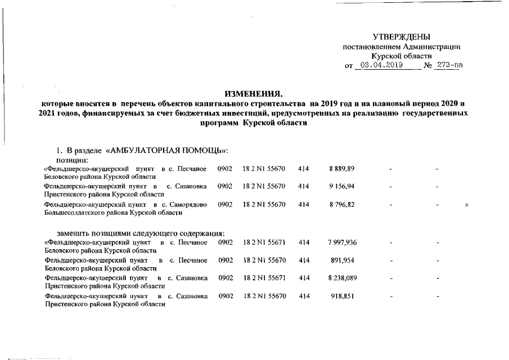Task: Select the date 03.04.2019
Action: point(380,65)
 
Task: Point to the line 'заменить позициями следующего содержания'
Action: point(141,233)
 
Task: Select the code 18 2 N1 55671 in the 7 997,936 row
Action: point(264,242)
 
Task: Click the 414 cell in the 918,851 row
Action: point(304,296)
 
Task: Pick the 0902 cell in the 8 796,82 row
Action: point(225,205)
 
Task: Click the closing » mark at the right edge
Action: point(466,205)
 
